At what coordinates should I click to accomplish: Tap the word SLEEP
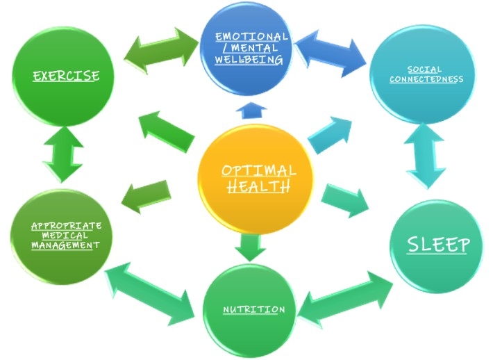coord(438,245)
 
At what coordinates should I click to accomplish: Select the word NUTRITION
coord(253,309)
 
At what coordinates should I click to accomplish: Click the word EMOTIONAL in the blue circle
coord(251,36)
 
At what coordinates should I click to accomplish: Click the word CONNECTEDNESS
coord(425,79)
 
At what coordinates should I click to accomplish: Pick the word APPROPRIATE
coord(67,226)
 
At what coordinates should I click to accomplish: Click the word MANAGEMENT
coord(67,245)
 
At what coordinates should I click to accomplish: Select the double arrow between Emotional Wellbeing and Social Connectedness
coord(332,49)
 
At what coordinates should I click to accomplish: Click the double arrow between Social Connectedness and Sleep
coord(425,157)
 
